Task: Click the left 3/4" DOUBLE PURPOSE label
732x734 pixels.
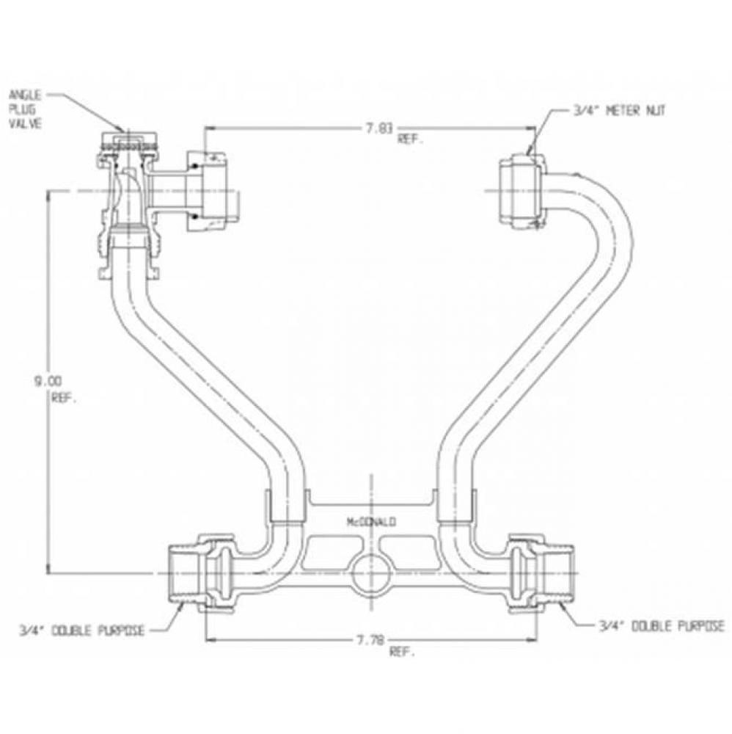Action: (x=81, y=629)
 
